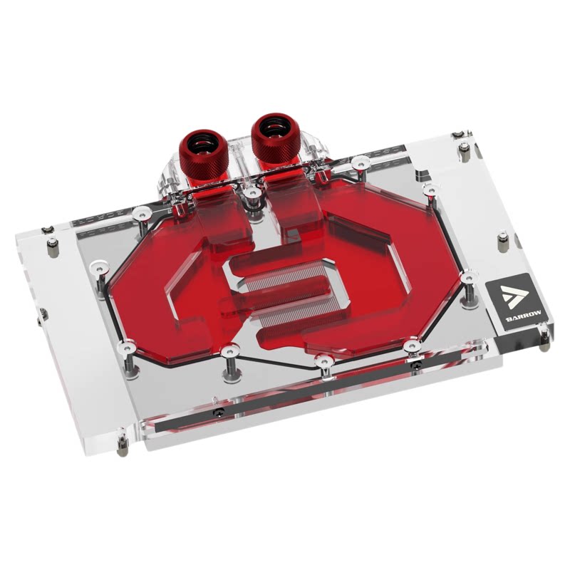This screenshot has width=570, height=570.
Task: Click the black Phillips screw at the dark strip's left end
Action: click(x=218, y=412)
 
